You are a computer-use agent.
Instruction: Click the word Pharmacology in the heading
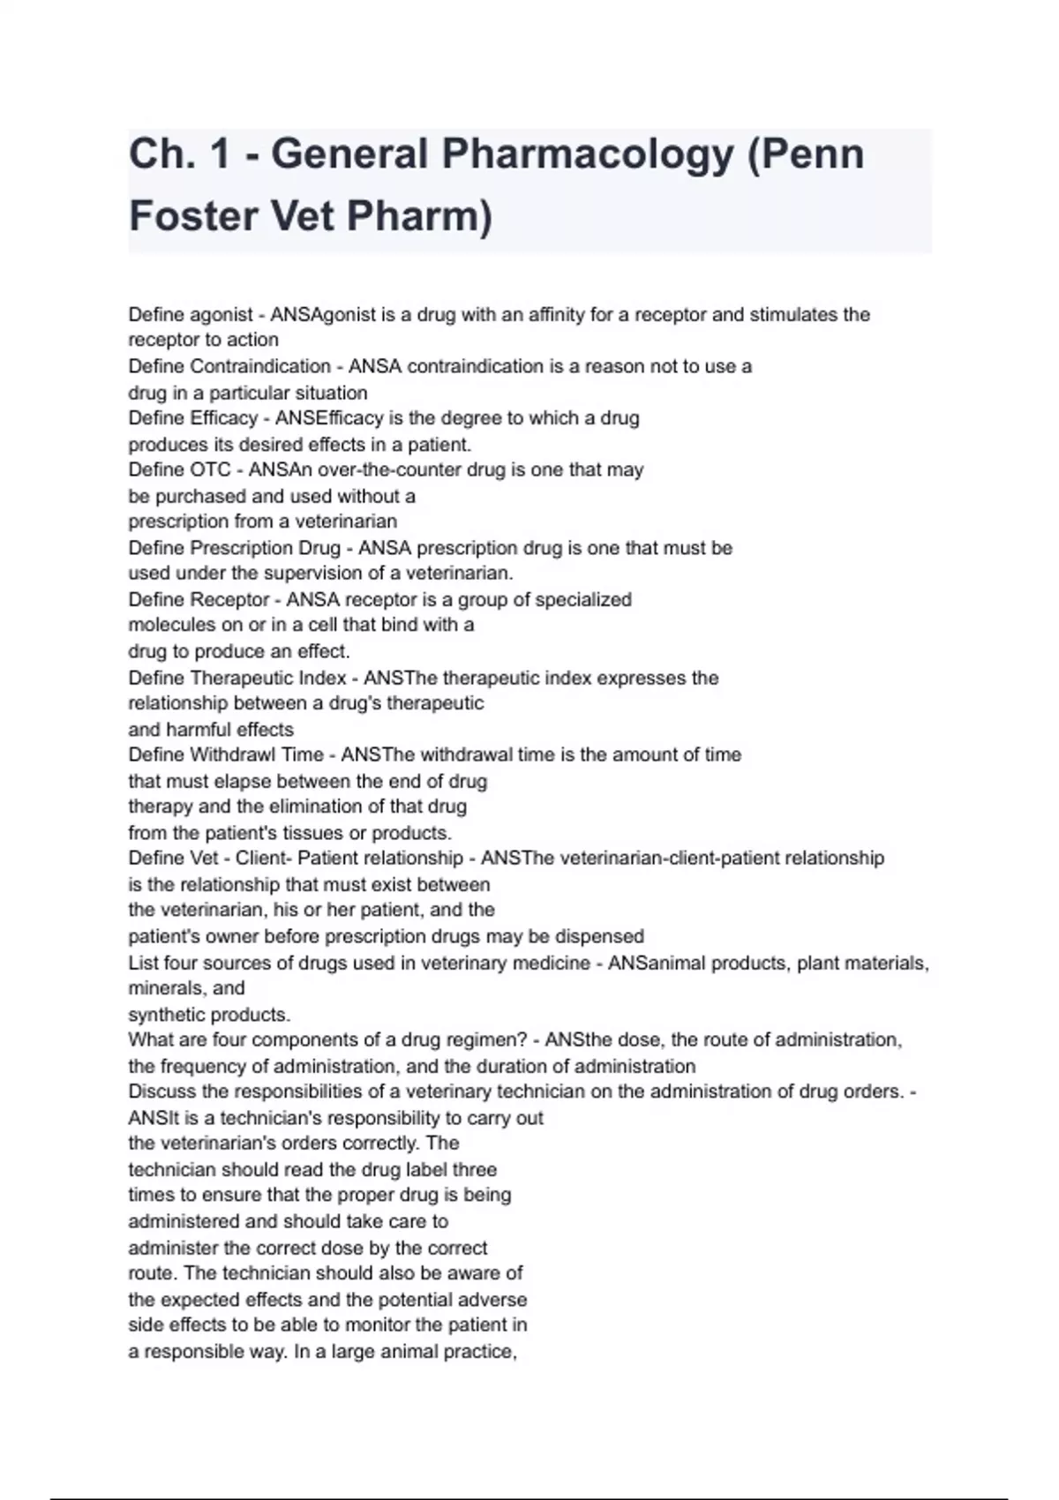[x=588, y=154]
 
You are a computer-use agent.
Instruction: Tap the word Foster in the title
[x=192, y=216]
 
